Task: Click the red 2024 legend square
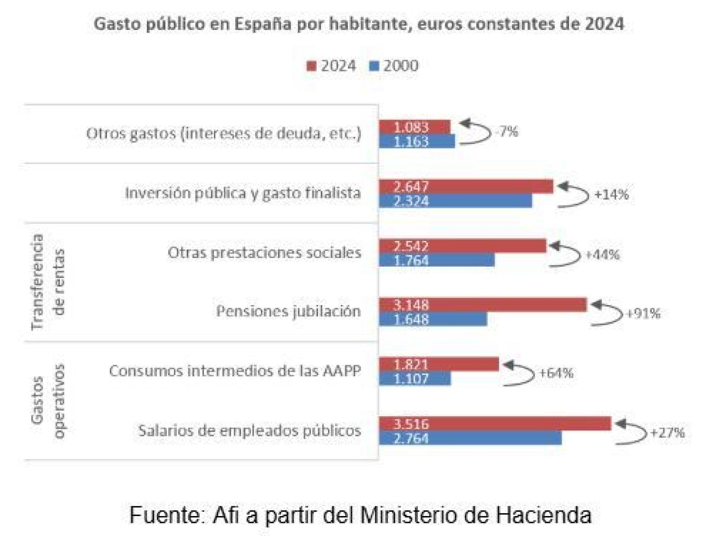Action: point(311,67)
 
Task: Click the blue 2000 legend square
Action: point(374,67)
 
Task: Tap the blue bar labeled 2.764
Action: point(470,438)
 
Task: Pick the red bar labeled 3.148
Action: point(483,305)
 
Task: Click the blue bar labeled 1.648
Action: point(433,319)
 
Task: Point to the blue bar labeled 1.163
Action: point(417,142)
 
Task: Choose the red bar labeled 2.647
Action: point(466,186)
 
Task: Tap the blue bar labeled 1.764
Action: point(437,260)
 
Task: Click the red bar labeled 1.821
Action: point(439,364)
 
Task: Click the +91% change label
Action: point(643,314)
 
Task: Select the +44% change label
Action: point(602,255)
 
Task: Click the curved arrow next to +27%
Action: point(631,433)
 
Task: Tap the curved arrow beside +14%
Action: point(574,195)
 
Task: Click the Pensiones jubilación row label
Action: point(288,311)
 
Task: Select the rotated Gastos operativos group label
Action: point(48,401)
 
